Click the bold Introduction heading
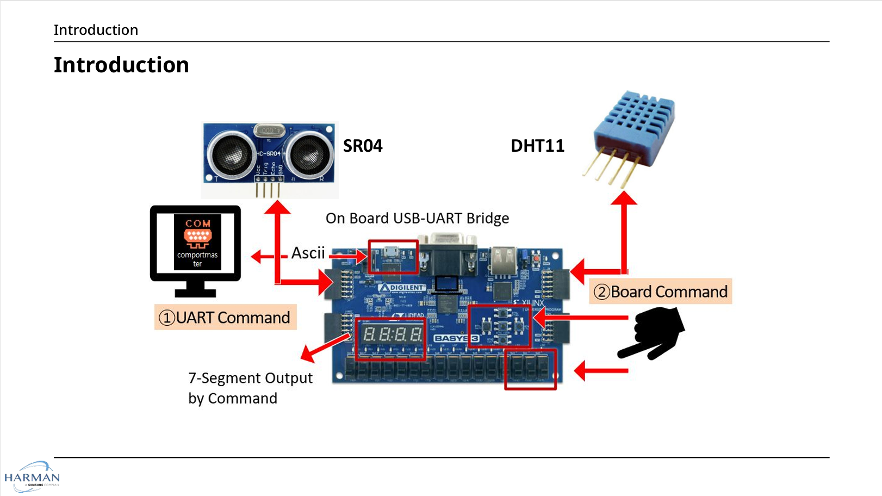click(121, 65)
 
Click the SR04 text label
click(363, 146)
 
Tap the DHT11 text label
click(537, 146)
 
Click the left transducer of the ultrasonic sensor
click(232, 154)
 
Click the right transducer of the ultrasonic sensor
click(309, 154)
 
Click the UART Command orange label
click(225, 318)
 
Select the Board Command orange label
click(660, 292)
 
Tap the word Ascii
click(308, 253)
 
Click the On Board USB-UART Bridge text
click(417, 218)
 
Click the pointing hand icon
click(652, 333)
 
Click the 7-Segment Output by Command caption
click(250, 388)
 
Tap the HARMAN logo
click(32, 477)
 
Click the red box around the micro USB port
click(393, 257)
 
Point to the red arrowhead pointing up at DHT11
click(624, 198)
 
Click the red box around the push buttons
click(500, 326)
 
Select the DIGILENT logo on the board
click(402, 288)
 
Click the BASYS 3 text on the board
click(456, 338)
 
